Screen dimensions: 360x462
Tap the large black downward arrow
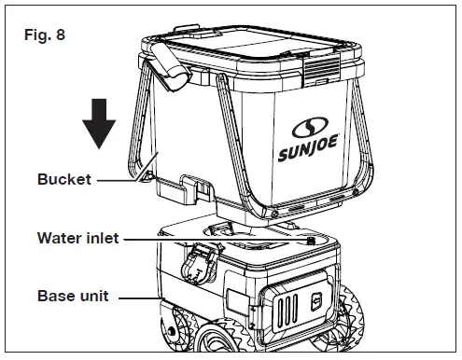pos(99,121)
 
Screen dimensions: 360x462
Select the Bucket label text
pos(64,180)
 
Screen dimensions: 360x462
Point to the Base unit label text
pos(71,297)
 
